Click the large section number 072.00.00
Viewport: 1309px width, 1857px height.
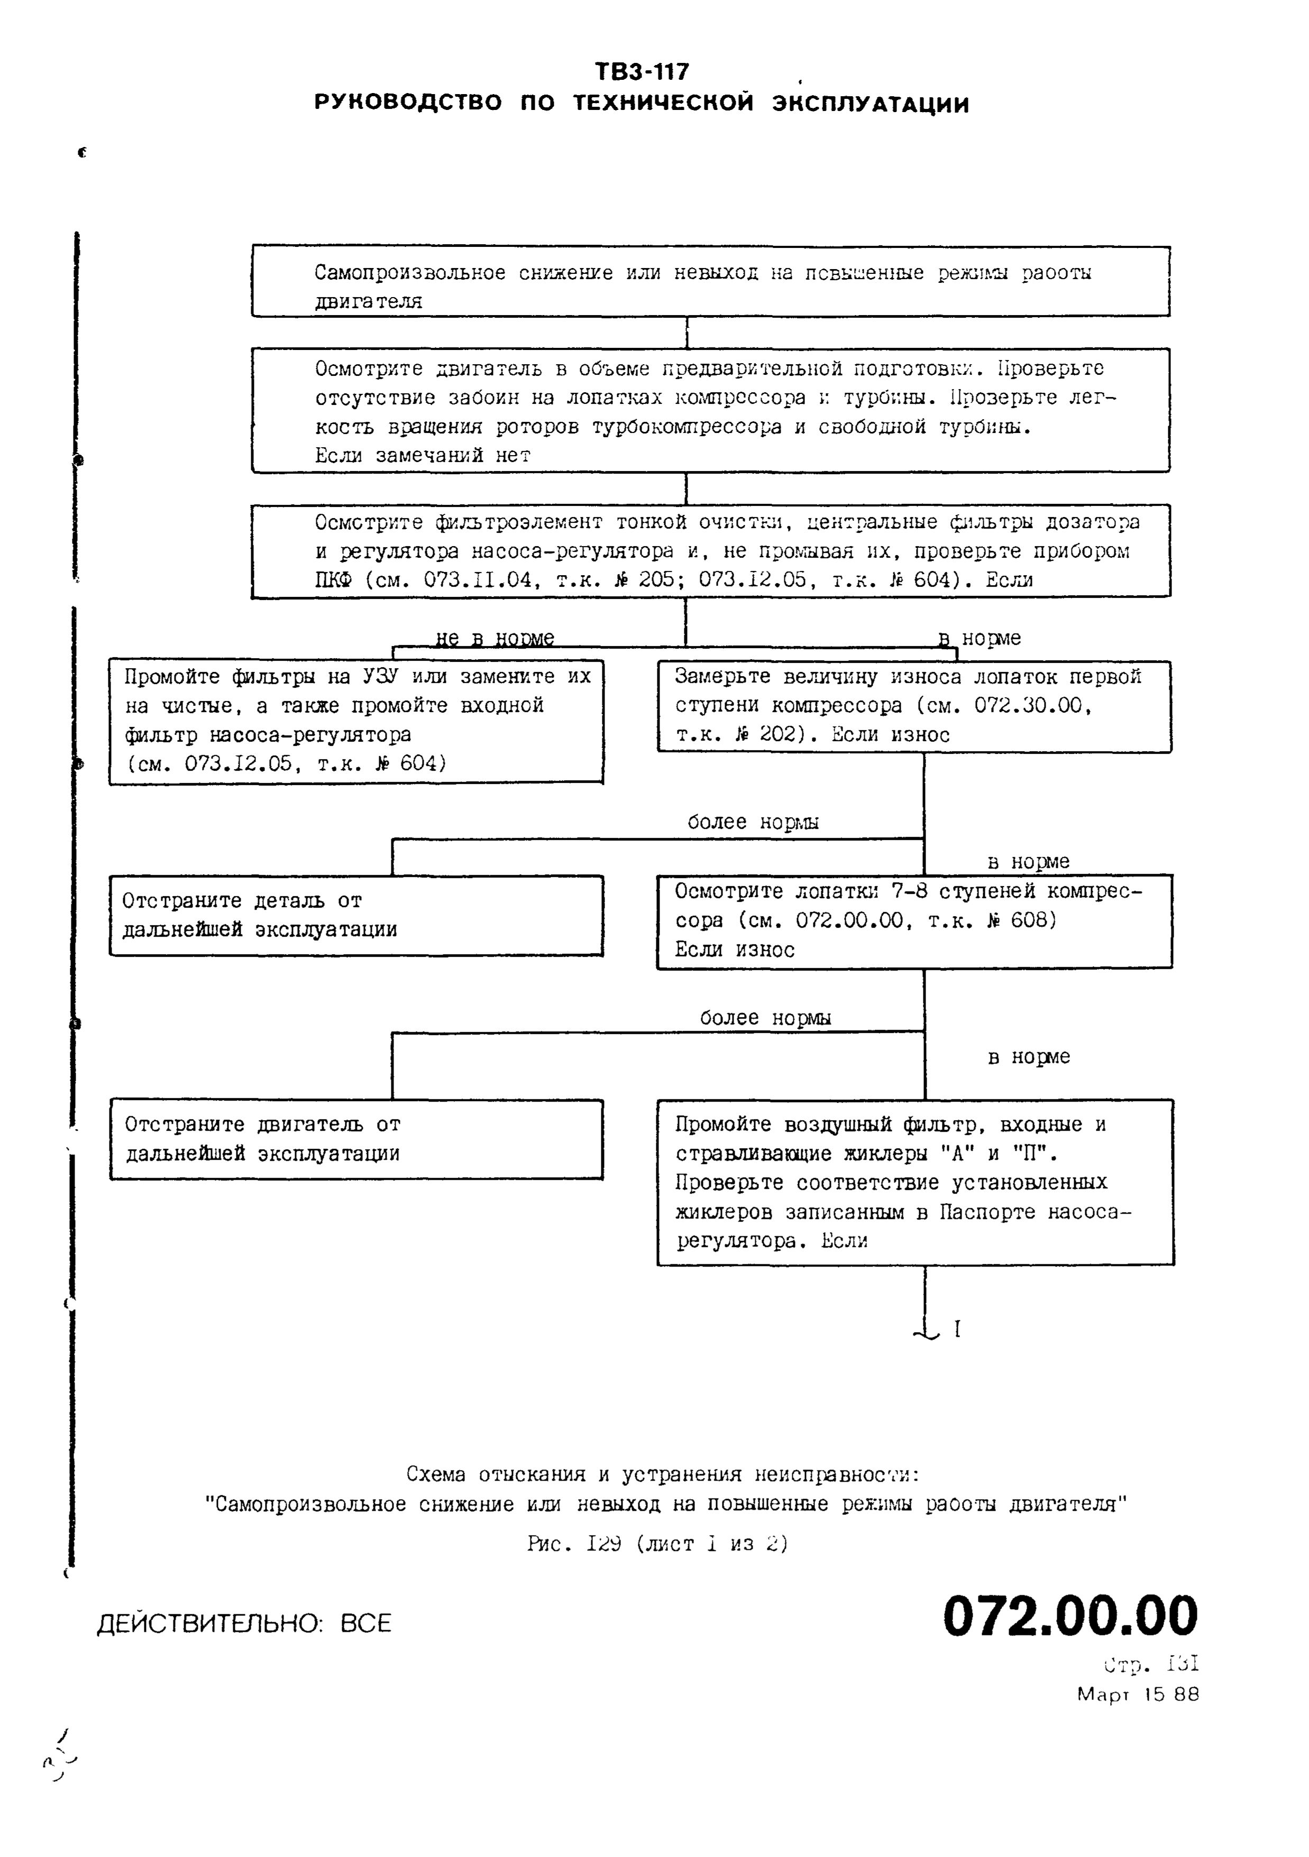(1069, 1616)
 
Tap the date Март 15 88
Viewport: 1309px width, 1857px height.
(1138, 1694)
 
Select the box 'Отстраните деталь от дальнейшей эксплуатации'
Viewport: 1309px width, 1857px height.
(356, 916)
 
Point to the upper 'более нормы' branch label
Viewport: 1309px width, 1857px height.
(753, 823)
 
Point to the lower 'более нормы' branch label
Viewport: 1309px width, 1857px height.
(765, 1018)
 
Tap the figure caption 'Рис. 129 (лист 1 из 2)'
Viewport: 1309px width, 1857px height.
(657, 1544)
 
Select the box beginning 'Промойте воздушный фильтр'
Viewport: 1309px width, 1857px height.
(915, 1181)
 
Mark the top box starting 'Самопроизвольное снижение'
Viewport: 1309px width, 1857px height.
(710, 281)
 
